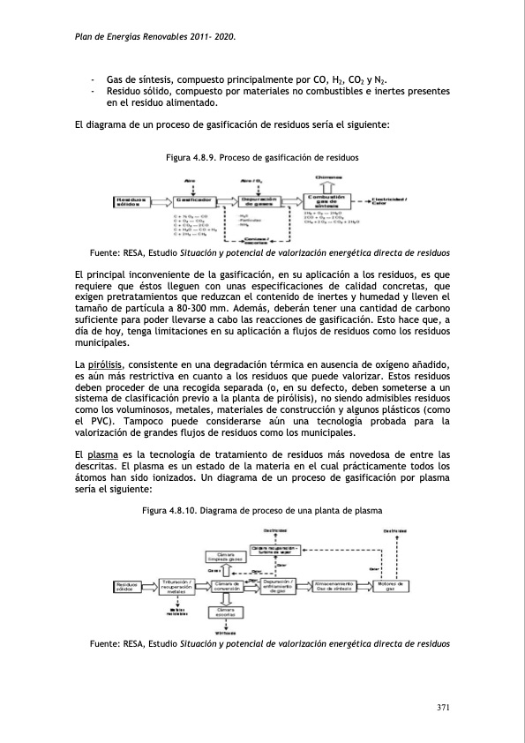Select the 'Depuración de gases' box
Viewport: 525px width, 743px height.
coord(260,201)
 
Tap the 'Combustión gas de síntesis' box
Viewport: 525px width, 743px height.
coord(326,201)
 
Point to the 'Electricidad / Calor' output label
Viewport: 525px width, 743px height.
coord(389,201)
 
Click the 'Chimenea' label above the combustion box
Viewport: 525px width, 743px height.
coord(326,176)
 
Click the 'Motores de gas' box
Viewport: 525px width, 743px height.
coord(390,586)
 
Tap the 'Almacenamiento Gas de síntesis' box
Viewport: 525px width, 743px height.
coord(335,586)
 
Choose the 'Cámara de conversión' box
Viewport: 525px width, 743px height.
coord(227,586)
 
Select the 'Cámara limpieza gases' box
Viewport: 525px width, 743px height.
coord(226,557)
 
